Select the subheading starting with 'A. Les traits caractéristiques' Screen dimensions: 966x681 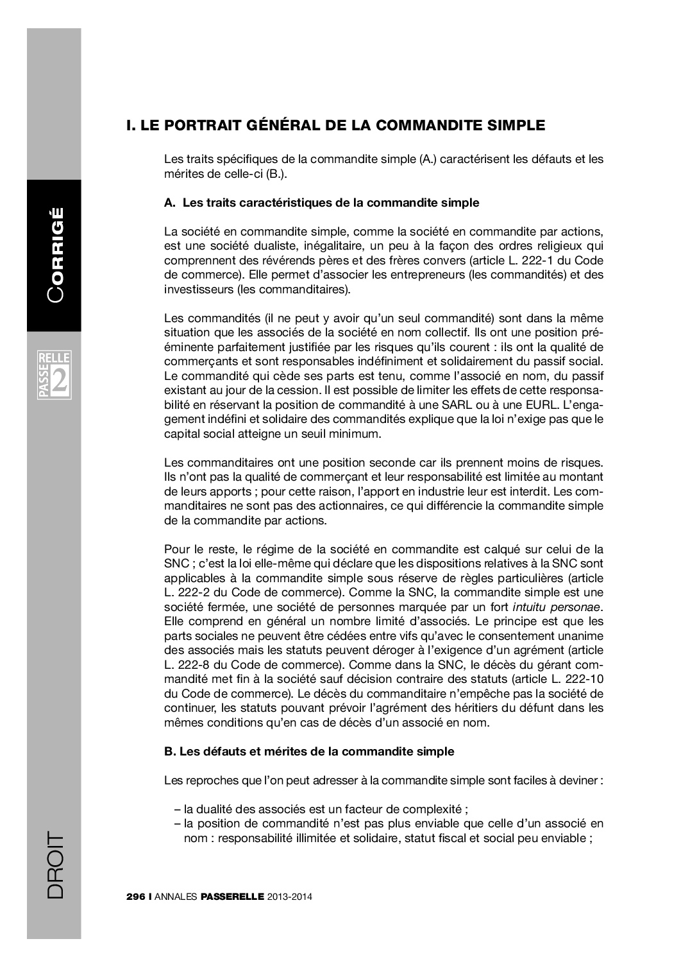pyautogui.click(x=321, y=203)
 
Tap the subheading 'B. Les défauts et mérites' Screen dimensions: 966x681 pyautogui.click(x=309, y=752)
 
